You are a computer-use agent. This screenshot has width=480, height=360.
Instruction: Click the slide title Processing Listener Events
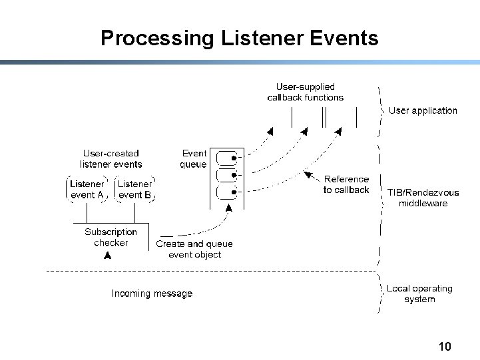pos(239,38)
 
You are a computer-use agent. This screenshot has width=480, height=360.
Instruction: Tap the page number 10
pos(445,347)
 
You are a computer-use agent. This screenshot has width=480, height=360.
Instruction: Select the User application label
pos(423,110)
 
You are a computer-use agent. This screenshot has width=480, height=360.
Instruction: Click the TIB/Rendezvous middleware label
pos(423,198)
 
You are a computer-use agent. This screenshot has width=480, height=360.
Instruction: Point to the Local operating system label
pos(419,293)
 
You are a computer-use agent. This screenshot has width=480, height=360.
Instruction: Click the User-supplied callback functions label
pos(305,92)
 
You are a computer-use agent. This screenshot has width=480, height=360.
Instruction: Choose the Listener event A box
pos(87,189)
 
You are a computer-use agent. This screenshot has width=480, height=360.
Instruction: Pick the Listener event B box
pos(134,189)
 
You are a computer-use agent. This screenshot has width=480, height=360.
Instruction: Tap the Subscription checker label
pos(111,237)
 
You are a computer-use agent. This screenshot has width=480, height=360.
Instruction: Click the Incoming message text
pos(152,293)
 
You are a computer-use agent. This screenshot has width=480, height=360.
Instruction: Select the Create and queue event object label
pos(194,249)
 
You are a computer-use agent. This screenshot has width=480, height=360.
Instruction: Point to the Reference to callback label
pos(346,184)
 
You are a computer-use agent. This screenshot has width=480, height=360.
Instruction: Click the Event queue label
pos(194,158)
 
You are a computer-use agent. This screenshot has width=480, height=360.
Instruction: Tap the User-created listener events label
pos(111,158)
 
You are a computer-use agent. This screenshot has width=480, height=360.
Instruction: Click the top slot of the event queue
pos(228,158)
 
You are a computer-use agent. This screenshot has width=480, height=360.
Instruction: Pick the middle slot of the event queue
pos(228,176)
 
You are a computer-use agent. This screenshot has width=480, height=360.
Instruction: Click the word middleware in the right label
pos(423,203)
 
